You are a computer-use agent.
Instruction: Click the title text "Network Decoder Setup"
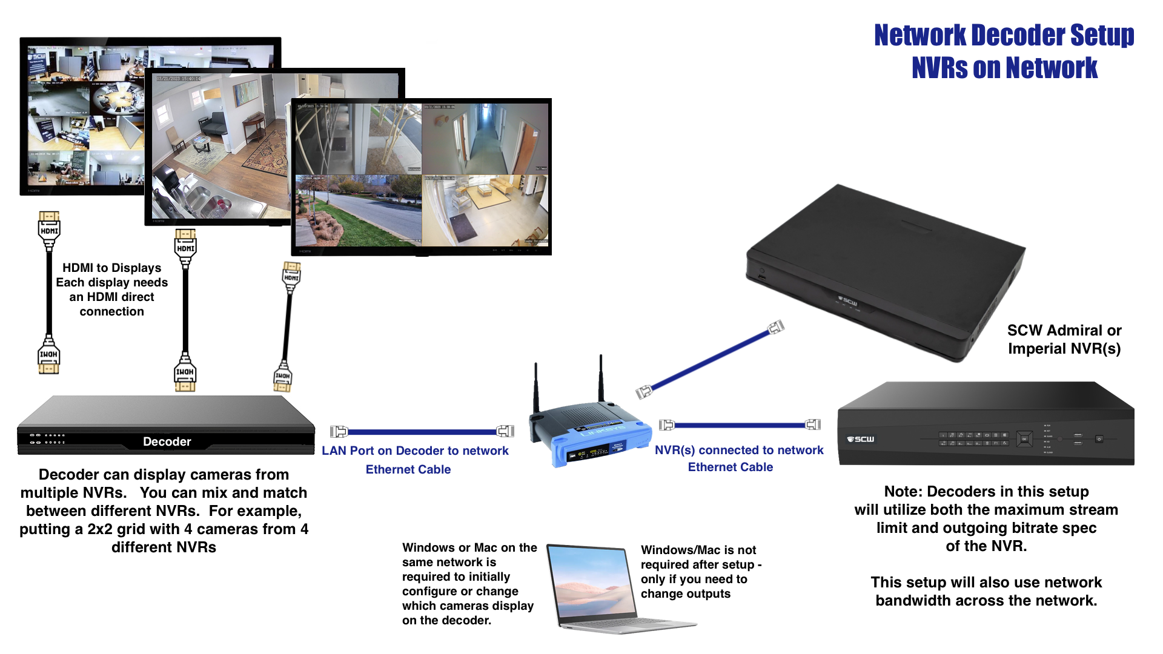(1004, 35)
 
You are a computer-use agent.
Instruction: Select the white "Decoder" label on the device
(167, 441)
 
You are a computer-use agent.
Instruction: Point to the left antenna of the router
(536, 388)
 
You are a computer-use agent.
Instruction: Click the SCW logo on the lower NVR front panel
(861, 439)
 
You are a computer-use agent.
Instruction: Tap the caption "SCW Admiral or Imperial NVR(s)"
(1064, 339)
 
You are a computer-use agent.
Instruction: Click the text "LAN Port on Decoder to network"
(415, 451)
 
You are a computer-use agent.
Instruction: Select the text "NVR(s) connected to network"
(738, 450)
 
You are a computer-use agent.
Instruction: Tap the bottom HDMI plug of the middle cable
(185, 374)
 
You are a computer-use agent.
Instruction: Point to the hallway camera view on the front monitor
(485, 139)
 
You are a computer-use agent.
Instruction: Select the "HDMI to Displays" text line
(111, 268)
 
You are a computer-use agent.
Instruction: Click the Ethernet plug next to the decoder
(339, 432)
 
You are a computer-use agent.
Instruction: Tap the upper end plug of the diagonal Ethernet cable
(776, 328)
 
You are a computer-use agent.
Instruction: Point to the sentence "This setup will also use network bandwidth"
(986, 591)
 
